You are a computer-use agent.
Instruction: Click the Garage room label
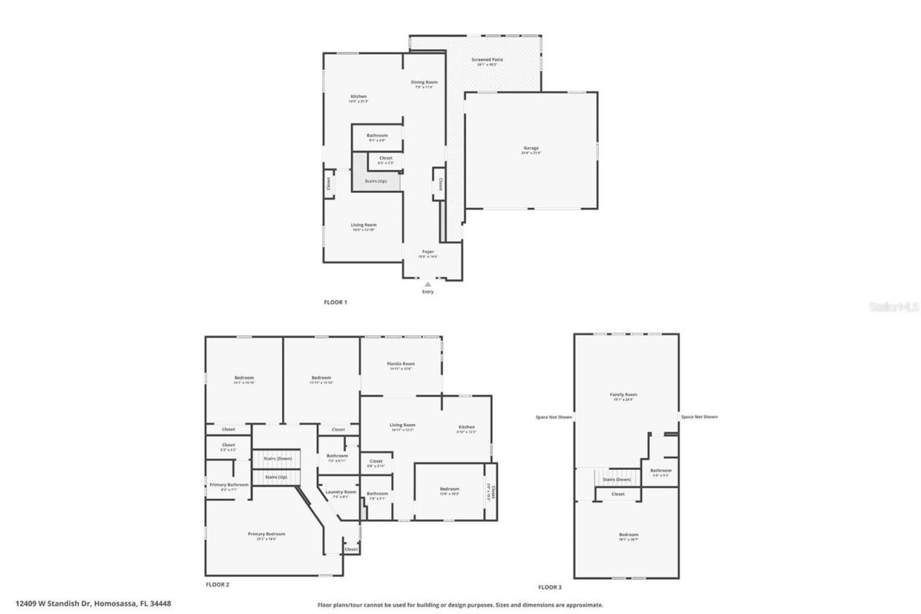tap(531, 148)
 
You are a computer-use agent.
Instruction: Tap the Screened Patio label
tap(487, 60)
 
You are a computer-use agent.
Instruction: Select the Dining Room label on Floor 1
tap(424, 82)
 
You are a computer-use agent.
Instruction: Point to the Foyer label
tap(428, 252)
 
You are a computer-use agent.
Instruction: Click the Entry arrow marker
tap(428, 285)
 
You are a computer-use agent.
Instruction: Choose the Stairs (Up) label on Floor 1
tap(375, 181)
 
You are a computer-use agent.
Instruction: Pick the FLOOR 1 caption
tap(335, 302)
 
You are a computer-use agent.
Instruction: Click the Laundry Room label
tap(341, 492)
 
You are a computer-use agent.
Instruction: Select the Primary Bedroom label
tap(266, 534)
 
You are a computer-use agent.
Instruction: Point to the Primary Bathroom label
tap(229, 485)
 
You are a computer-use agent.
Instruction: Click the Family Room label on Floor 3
tap(623, 394)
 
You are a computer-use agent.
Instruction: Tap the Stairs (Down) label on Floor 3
tap(617, 479)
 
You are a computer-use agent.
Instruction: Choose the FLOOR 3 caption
tap(550, 587)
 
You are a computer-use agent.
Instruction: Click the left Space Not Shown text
tap(553, 417)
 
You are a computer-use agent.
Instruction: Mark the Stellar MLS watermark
tap(894, 307)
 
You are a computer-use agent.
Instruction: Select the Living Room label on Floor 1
tap(364, 225)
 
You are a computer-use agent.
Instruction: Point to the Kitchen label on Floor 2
tap(466, 427)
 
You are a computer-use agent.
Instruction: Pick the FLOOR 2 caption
tap(217, 584)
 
